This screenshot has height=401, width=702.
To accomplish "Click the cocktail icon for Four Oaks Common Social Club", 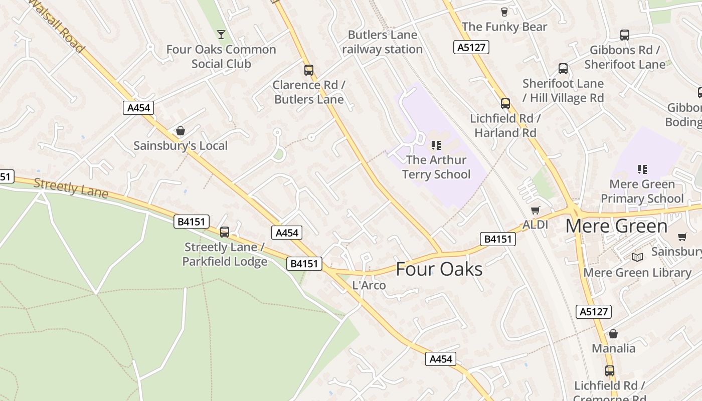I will [x=221, y=35].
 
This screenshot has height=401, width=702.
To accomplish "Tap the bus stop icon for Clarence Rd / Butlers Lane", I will [x=309, y=70].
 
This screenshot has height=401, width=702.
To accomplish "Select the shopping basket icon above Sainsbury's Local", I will [x=181, y=131].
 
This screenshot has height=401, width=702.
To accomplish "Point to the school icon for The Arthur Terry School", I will [x=436, y=145].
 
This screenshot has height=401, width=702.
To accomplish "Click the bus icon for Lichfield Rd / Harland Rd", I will [x=505, y=104].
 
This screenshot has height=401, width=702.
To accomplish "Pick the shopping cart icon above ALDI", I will [x=536, y=210].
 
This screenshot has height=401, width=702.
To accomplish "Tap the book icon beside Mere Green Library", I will [x=637, y=257].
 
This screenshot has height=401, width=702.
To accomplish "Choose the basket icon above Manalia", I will [x=613, y=334].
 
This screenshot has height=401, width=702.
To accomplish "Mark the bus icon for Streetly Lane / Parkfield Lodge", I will [x=225, y=232].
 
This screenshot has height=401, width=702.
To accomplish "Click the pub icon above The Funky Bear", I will [x=504, y=12].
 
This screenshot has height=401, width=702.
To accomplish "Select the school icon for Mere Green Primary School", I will [x=642, y=169].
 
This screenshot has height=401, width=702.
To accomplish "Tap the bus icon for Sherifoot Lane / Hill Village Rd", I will [x=563, y=69].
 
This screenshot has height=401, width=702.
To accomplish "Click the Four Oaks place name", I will [x=439, y=269].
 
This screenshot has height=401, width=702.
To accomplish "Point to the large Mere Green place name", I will [x=616, y=226].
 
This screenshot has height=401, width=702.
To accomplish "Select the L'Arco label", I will [x=369, y=286].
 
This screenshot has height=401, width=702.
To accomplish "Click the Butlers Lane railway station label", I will [x=383, y=42].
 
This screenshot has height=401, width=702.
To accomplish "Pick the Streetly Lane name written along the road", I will [x=71, y=188].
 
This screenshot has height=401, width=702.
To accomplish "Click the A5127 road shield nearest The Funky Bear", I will [x=471, y=47].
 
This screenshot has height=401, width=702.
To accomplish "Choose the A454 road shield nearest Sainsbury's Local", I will [x=138, y=108].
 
